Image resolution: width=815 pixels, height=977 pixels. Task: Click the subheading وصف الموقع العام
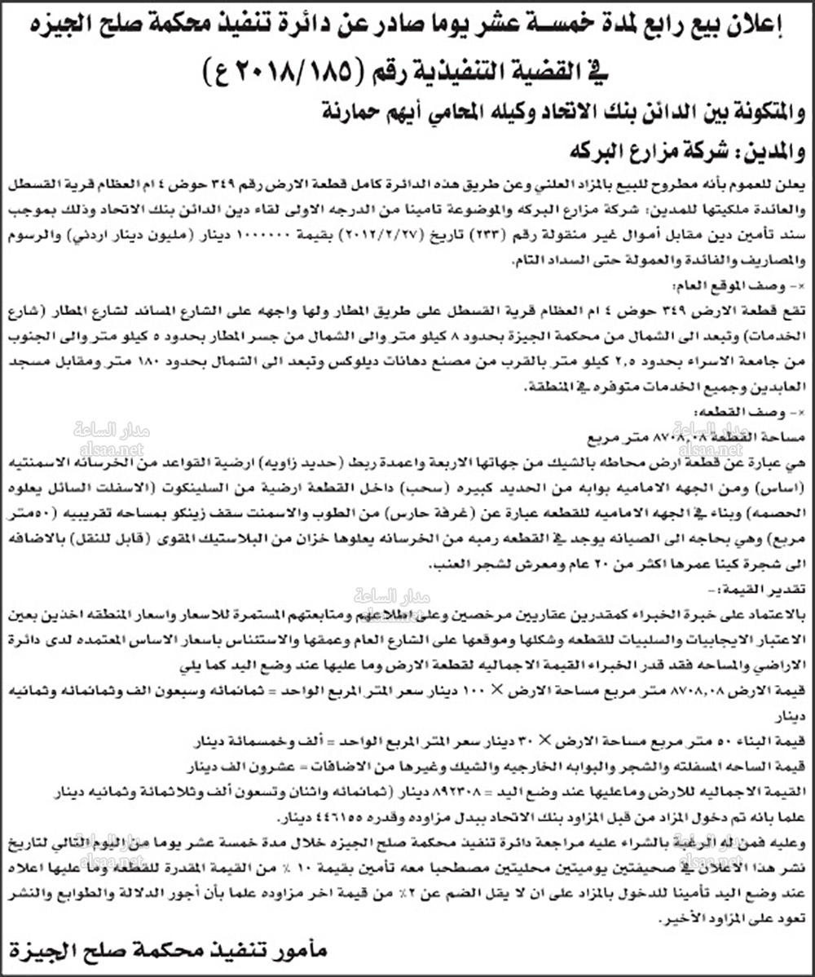743,286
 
